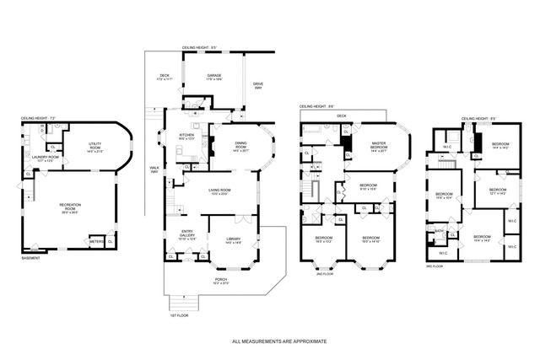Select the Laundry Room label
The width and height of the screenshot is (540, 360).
click(x=47, y=157)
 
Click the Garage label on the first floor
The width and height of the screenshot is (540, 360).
click(x=214, y=76)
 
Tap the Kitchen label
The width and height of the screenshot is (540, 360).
click(x=187, y=136)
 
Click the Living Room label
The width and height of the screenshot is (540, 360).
click(x=220, y=191)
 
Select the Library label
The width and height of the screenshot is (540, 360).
click(x=234, y=240)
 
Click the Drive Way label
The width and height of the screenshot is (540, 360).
click(x=259, y=85)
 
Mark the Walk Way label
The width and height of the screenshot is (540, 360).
click(x=154, y=169)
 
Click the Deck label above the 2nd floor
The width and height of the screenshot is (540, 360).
click(x=341, y=116)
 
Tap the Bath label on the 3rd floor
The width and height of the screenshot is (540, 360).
click(x=439, y=229)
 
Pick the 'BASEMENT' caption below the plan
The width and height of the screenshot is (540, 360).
click(x=31, y=259)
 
